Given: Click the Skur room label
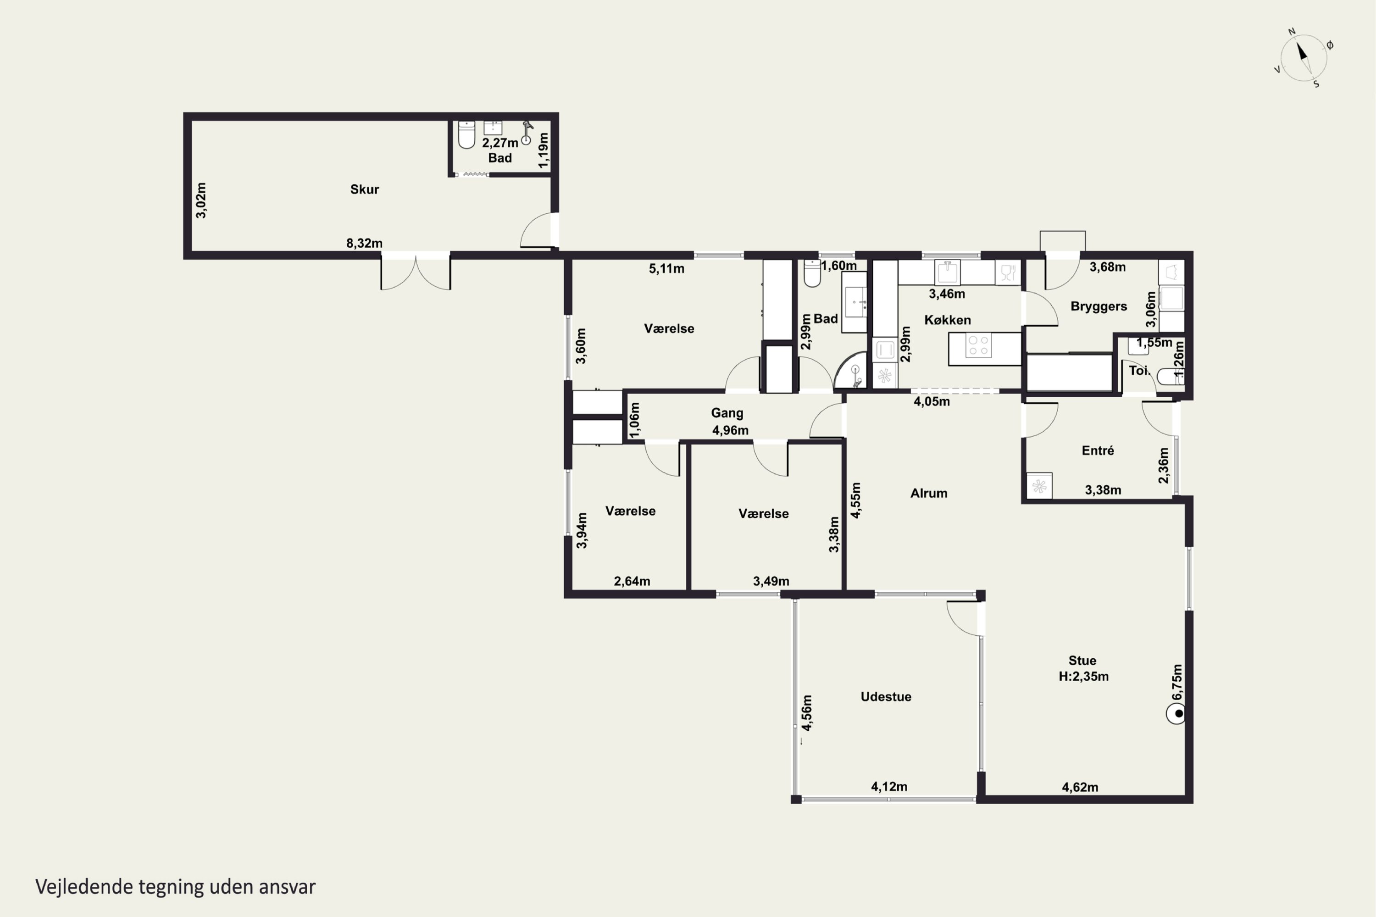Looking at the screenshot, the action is coord(364,189).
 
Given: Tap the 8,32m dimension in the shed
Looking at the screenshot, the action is coord(364,243).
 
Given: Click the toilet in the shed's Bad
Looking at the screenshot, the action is coord(466,134).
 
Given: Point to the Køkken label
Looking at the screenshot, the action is coord(947,320).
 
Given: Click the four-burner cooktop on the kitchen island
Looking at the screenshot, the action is coord(978,345).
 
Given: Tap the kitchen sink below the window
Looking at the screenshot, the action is coord(947,272).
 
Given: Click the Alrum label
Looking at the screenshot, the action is coord(929,493).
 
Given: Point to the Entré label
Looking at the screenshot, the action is coord(1098,450).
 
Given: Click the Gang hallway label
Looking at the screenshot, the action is coord(727,413).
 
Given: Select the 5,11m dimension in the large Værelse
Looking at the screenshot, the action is coord(666,269).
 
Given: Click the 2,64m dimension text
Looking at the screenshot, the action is coord(632,581).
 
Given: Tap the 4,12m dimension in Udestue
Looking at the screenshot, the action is coord(889,787).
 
